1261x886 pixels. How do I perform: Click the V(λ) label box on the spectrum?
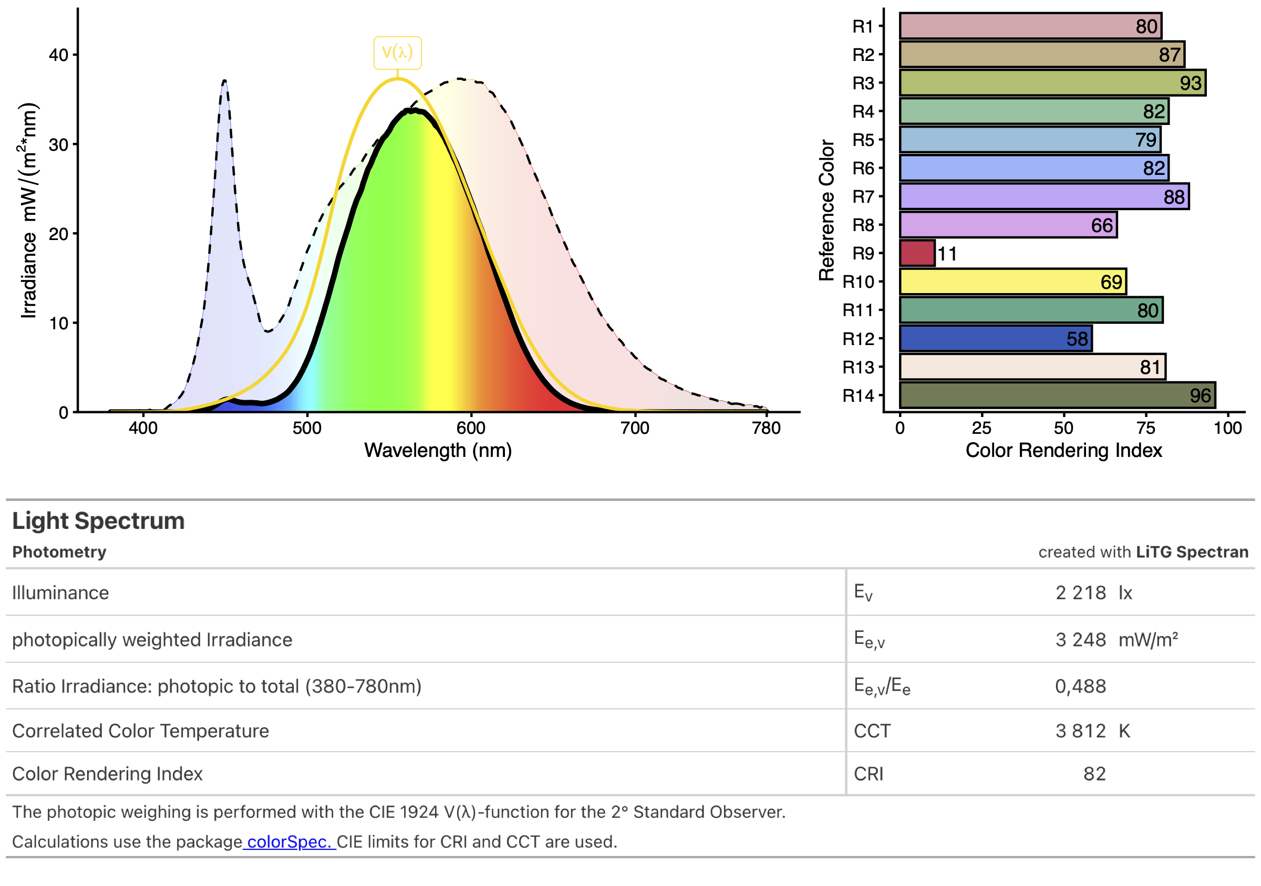(x=397, y=53)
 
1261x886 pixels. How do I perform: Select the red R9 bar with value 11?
(x=917, y=254)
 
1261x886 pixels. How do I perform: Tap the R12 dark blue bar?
(x=995, y=339)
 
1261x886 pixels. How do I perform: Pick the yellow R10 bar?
(x=1012, y=282)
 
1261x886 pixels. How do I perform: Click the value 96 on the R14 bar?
(x=1200, y=396)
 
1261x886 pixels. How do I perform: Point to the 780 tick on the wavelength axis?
(x=766, y=428)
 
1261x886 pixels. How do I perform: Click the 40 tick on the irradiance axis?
(x=59, y=55)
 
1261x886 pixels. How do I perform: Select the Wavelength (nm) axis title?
(x=438, y=451)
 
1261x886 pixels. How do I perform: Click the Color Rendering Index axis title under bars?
(x=1063, y=451)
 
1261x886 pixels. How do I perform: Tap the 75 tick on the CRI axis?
(x=1145, y=428)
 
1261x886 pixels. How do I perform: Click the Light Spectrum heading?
(x=98, y=521)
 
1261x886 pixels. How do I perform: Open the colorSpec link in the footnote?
(x=289, y=841)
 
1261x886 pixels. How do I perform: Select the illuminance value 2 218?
(x=1080, y=593)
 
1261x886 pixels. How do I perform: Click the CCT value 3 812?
(x=1080, y=731)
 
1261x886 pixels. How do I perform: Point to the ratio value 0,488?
(x=1080, y=686)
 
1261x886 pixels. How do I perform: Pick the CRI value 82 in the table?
(x=1094, y=774)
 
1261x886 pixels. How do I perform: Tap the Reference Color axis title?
(x=826, y=210)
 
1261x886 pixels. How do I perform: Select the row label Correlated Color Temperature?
(x=141, y=731)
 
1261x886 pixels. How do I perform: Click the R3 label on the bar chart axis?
(x=863, y=84)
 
